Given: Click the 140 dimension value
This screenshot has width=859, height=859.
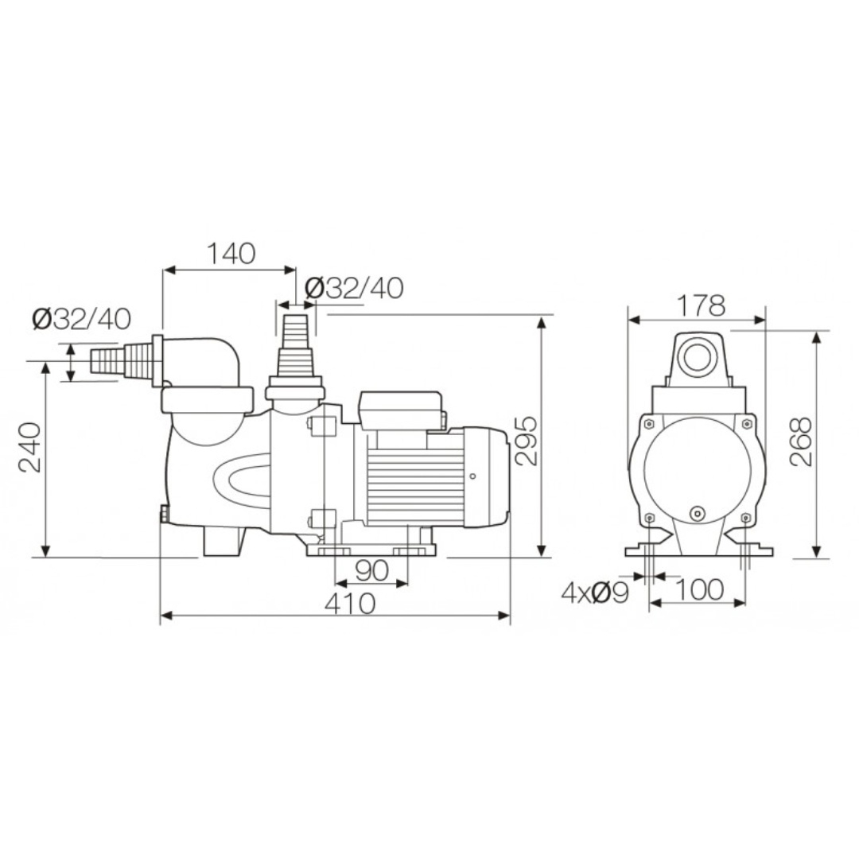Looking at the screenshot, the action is (x=231, y=253).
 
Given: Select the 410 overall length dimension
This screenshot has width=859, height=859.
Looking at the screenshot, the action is (x=350, y=604).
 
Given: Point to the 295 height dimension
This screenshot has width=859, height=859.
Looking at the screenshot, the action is (x=527, y=441).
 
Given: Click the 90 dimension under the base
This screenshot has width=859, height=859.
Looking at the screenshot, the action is (x=372, y=571).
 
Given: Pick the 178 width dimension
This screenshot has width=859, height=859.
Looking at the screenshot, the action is (x=701, y=305).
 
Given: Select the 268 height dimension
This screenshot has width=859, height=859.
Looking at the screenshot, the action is (x=800, y=441).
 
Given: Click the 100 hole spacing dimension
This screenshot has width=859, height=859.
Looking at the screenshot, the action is (x=698, y=589).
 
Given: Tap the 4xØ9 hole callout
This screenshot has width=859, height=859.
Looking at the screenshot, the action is (x=594, y=593).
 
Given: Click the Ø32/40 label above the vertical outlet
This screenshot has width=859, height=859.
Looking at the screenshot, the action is (x=353, y=288).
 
